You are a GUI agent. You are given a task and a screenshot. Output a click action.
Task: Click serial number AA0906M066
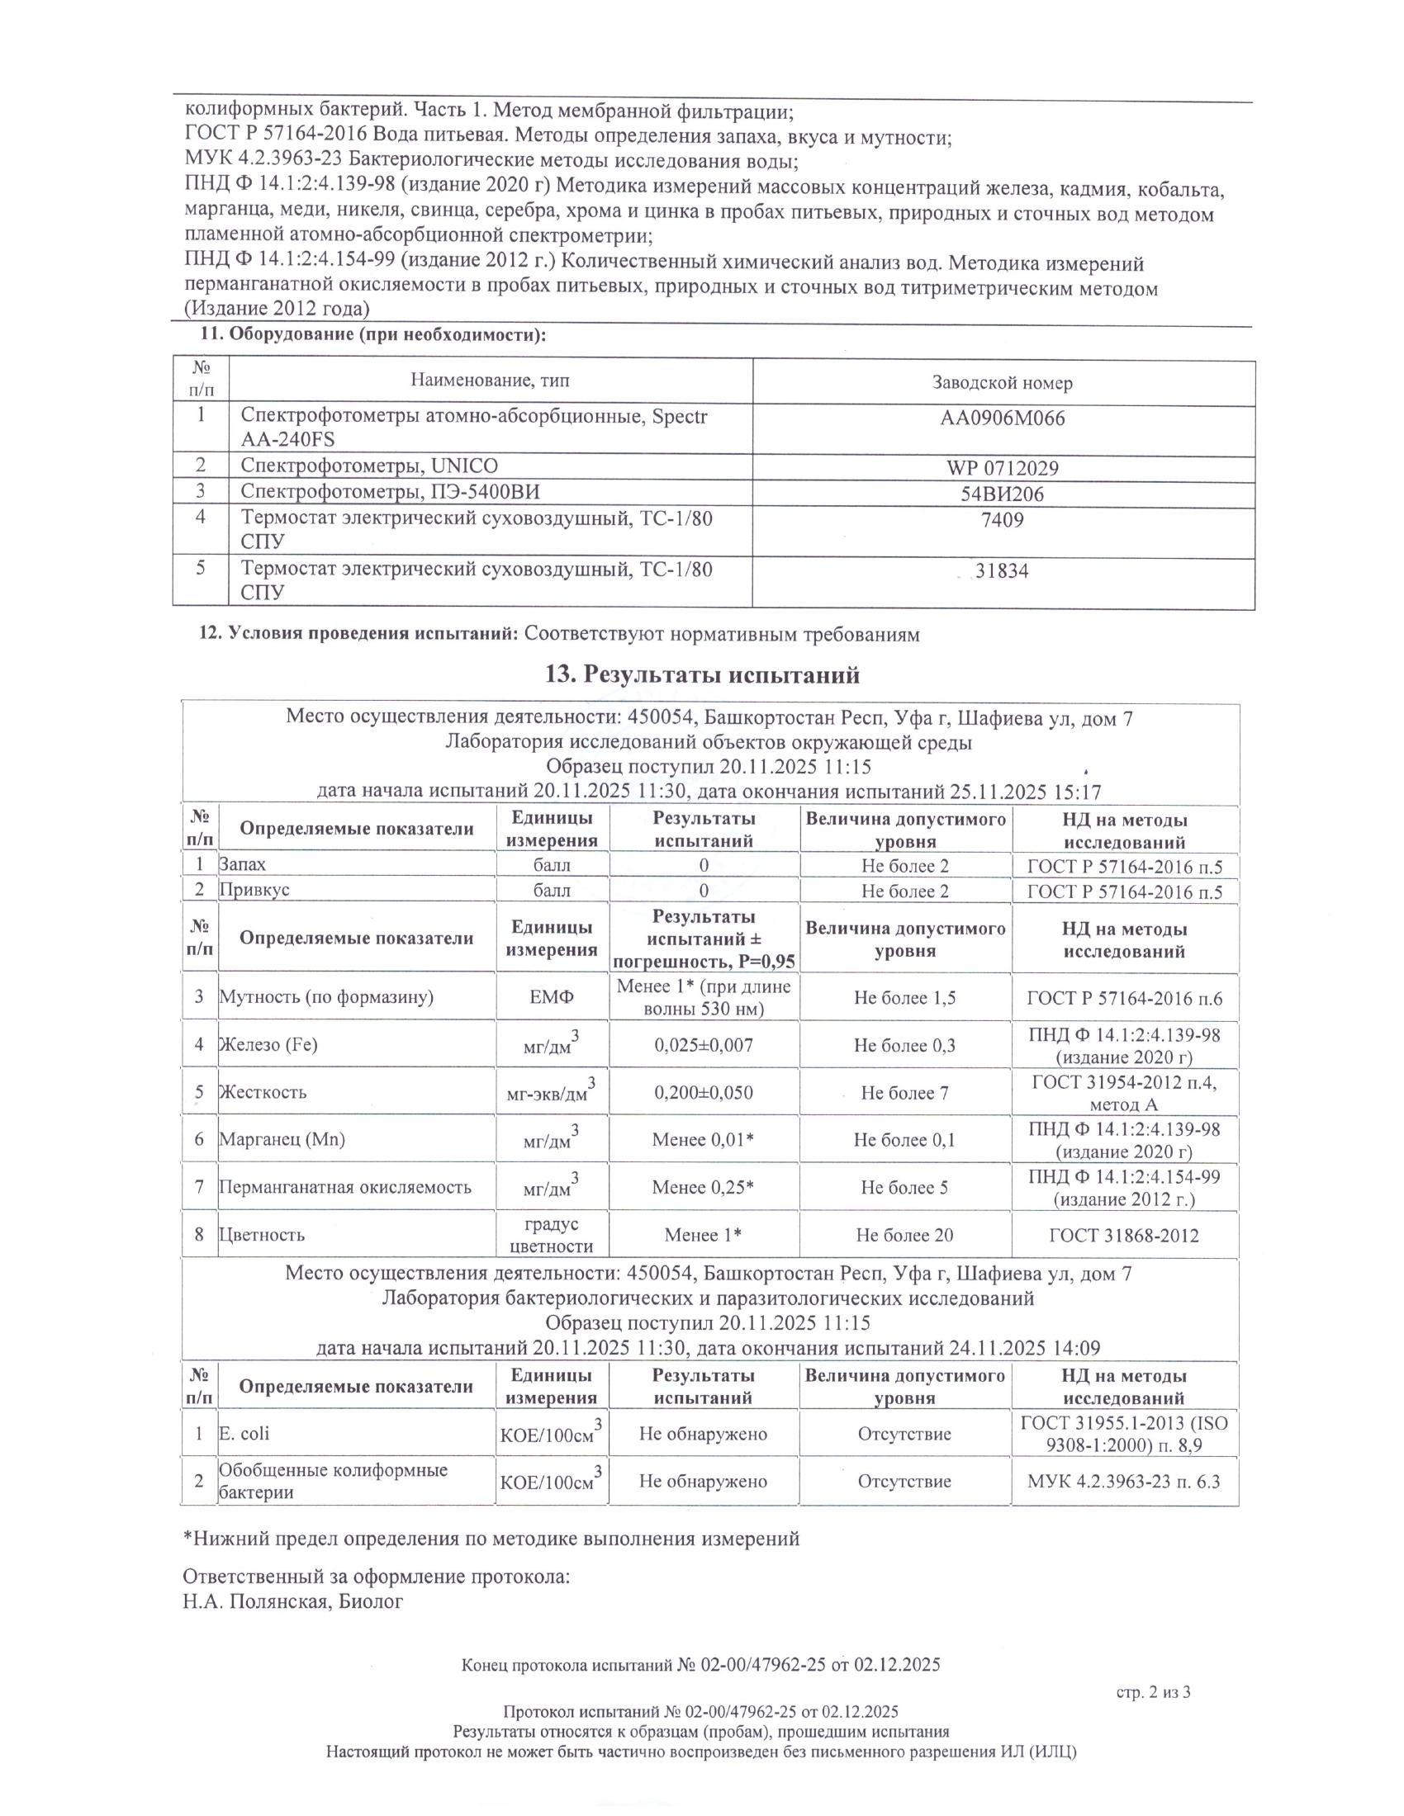pos(1002,419)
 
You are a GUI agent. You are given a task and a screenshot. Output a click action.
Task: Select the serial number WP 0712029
pos(1002,467)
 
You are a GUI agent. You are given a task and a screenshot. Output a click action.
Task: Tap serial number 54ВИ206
pos(1002,494)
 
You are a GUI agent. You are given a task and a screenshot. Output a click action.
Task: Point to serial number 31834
pos(1002,571)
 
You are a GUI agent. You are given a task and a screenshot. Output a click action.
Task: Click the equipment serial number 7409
pos(1002,521)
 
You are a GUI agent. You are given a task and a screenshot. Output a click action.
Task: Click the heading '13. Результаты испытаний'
pos(702,674)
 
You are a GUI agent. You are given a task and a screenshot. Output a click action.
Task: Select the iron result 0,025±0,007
pos(704,1045)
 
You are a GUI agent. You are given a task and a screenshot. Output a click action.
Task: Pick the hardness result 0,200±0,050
pos(704,1093)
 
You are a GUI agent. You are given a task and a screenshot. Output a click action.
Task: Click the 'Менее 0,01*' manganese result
pos(704,1139)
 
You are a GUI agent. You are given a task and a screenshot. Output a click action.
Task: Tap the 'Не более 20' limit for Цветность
pos(904,1235)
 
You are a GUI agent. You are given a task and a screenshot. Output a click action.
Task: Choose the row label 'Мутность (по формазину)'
pos(326,997)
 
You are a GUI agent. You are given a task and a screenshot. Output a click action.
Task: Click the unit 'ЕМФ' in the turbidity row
pos(552,997)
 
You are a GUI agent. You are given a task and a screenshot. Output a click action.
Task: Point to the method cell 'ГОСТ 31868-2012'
pos(1124,1235)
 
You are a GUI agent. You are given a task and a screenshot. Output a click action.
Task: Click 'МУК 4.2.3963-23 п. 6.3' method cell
pos(1124,1481)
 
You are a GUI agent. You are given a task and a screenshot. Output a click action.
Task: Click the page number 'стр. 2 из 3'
pos(1153,1691)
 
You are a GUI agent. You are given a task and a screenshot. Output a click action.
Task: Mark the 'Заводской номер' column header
pos(1002,383)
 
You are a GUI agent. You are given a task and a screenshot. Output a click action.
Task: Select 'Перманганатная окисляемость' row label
pos(344,1187)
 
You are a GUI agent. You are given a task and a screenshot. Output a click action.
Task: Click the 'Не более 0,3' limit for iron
pos(904,1045)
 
